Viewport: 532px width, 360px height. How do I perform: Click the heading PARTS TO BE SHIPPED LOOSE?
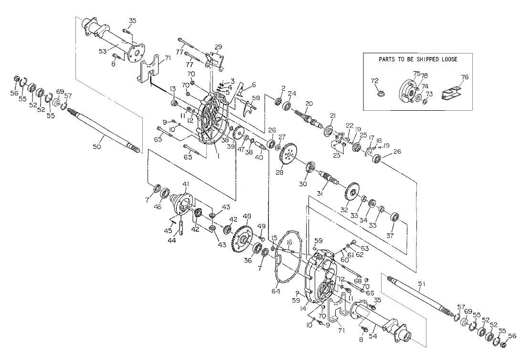[x=418, y=59]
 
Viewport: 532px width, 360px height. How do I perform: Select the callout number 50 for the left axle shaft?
[x=97, y=147]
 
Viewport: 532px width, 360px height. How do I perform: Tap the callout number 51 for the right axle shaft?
[x=421, y=283]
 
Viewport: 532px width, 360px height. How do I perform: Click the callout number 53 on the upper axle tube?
[x=103, y=51]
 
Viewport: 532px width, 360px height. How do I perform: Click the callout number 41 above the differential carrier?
[x=186, y=184]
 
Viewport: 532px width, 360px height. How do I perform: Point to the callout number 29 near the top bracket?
[x=218, y=46]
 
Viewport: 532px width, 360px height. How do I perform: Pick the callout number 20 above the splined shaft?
[x=309, y=103]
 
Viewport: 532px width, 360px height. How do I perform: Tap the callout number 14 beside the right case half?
[x=303, y=309]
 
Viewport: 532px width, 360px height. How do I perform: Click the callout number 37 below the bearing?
[x=390, y=236]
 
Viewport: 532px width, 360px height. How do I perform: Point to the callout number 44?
[x=172, y=241]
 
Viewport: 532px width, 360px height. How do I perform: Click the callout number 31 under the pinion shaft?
[x=320, y=193]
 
